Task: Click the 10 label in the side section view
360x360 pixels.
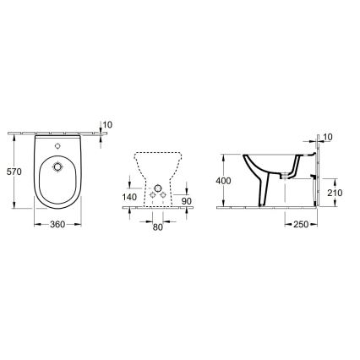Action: [x=328, y=137]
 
